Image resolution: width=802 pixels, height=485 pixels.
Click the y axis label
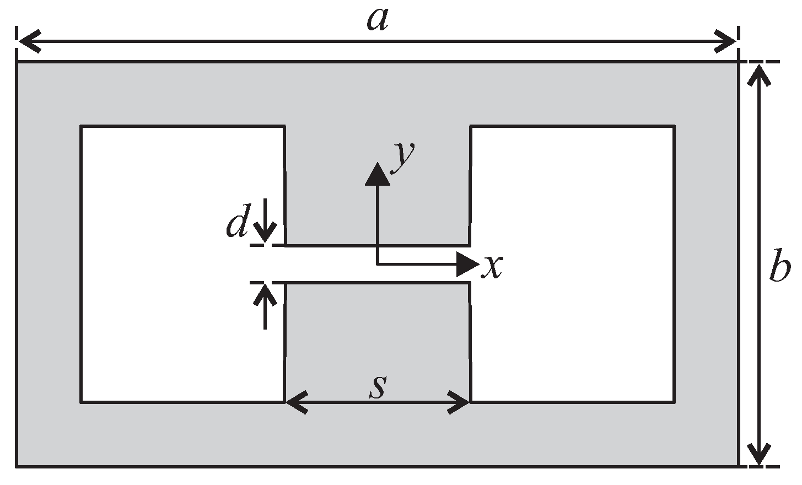403,156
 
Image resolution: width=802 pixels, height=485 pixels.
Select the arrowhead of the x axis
467,265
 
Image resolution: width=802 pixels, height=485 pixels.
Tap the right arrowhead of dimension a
726,41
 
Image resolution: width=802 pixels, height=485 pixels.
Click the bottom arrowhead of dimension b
759,455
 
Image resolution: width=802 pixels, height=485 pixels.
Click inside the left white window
182,265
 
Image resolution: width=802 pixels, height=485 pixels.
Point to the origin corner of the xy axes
378,265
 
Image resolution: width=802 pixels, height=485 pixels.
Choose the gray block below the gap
378,336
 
